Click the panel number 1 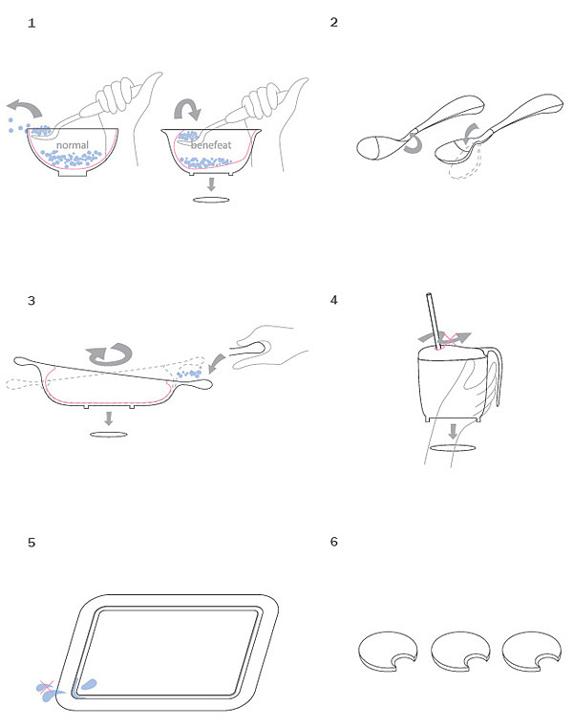click(32, 23)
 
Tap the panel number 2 click(334, 22)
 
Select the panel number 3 click(32, 301)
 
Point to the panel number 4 click(334, 300)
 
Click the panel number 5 click(32, 543)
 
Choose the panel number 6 click(334, 542)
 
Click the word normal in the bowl click(73, 145)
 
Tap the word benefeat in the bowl click(211, 145)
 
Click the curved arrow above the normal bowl click(27, 108)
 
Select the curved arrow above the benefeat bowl click(188, 105)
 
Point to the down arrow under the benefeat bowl click(211, 183)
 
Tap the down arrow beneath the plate click(109, 418)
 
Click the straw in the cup click(434, 321)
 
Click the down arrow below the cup click(454, 431)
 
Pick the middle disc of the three click(460, 651)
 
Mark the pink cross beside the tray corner click(47, 687)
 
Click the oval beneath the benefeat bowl click(211, 200)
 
